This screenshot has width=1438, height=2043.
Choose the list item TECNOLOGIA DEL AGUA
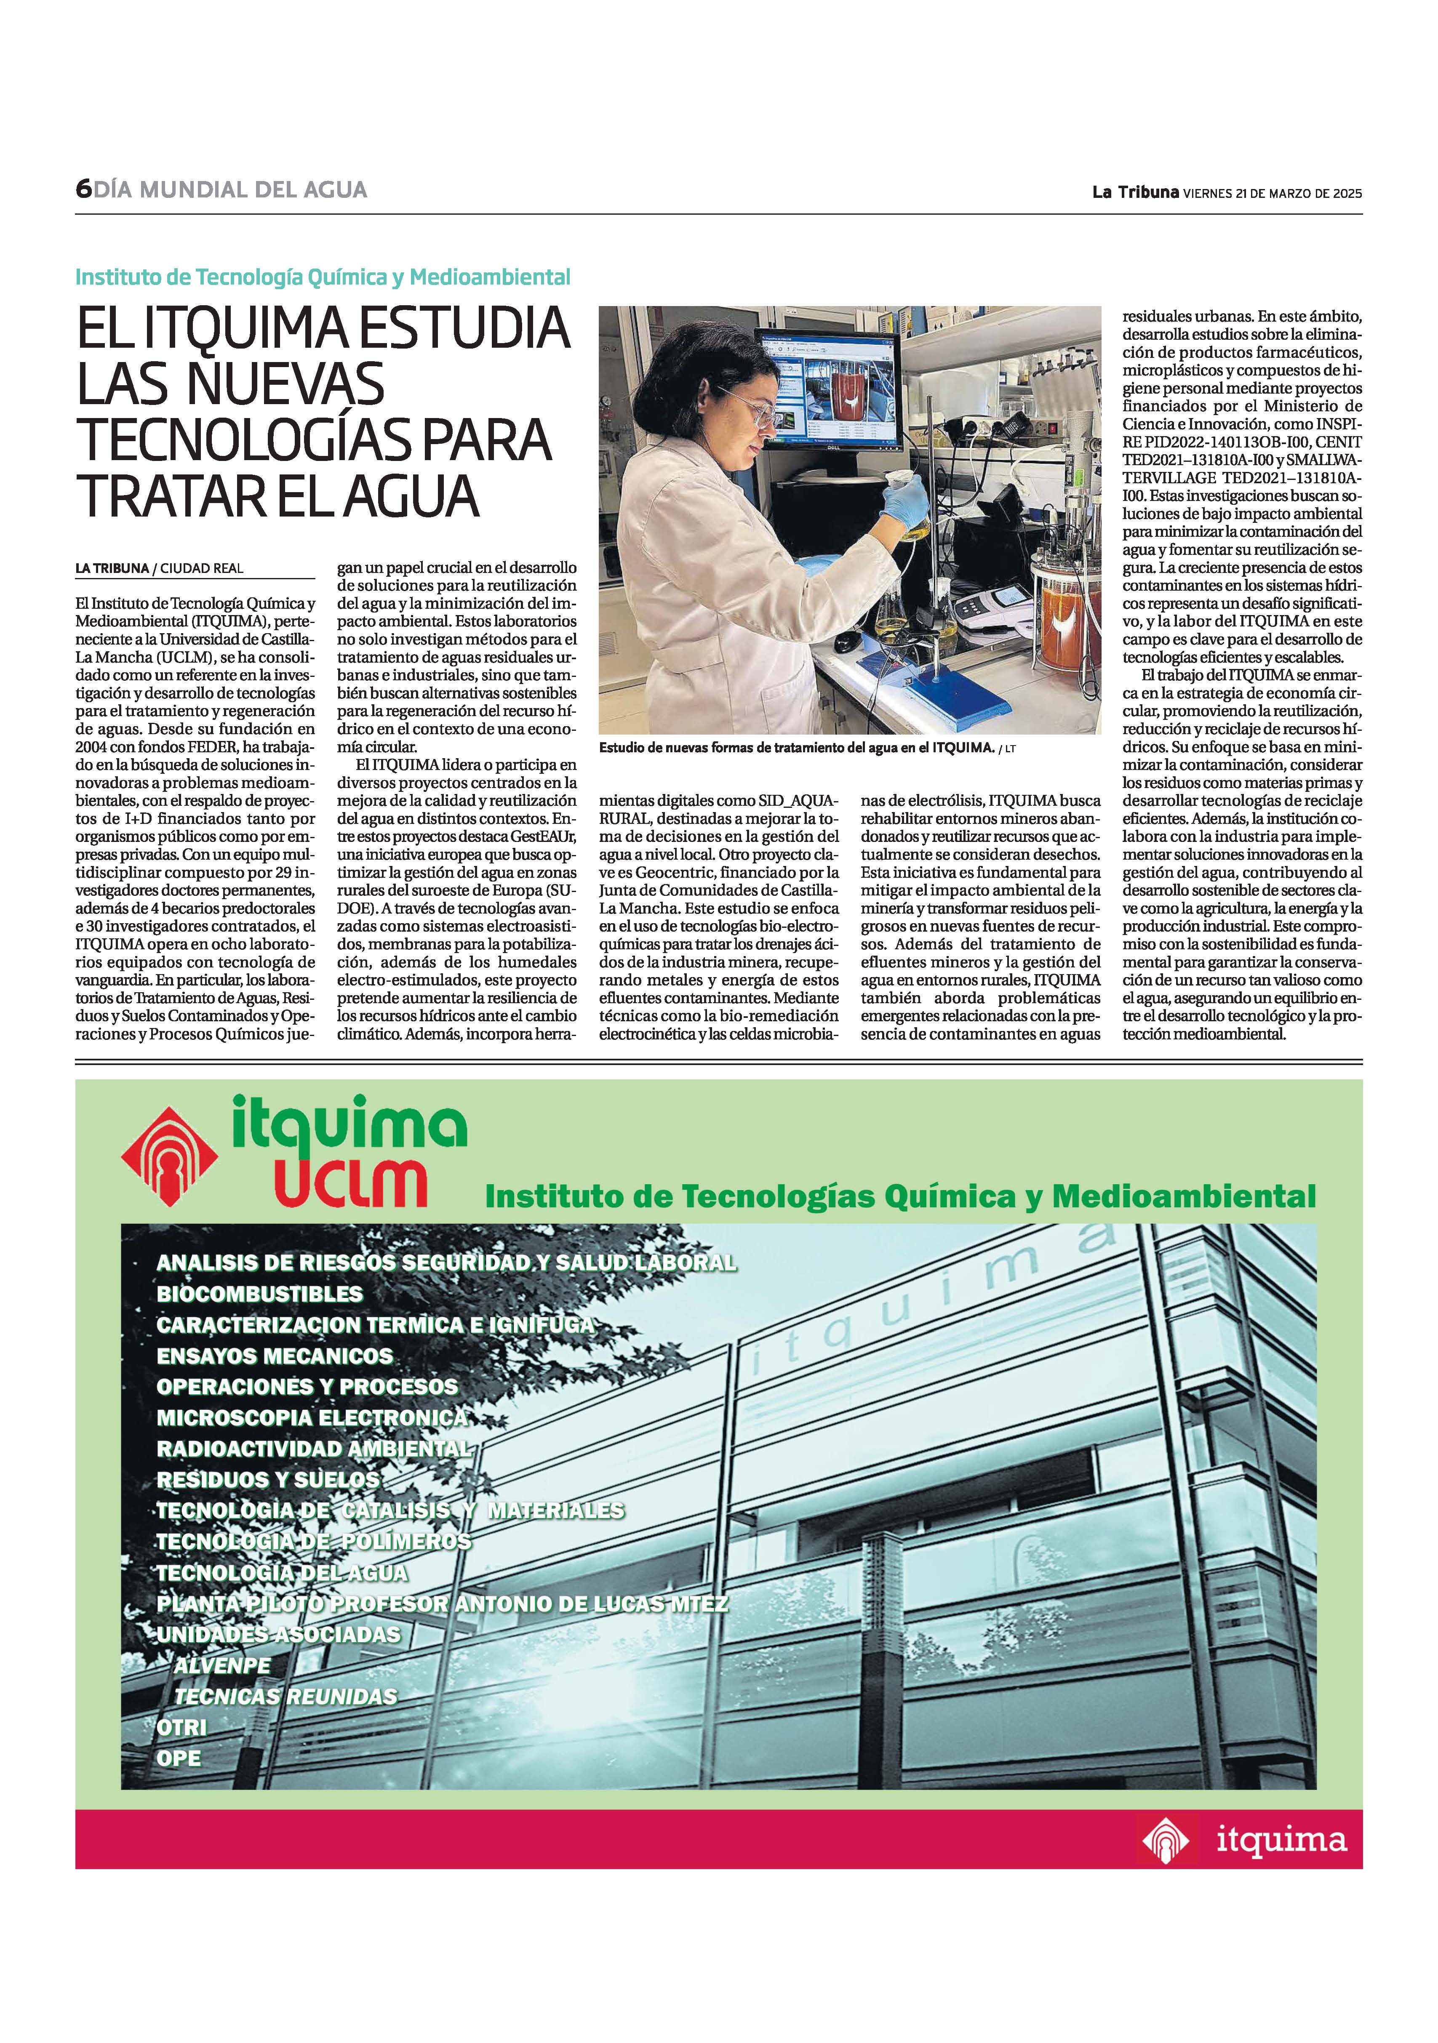click(x=282, y=1572)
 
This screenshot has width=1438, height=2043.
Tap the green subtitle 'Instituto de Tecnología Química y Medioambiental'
click(x=322, y=277)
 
